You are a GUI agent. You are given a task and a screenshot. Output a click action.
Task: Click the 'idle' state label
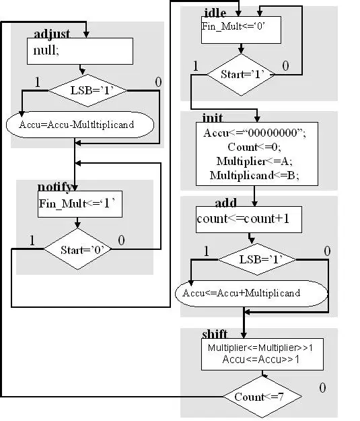215,12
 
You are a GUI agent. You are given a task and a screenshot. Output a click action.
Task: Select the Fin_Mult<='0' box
241,30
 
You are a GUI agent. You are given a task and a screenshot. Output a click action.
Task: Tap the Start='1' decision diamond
241,75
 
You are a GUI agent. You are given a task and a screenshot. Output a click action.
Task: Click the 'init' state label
212,118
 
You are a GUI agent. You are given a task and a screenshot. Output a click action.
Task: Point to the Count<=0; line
254,147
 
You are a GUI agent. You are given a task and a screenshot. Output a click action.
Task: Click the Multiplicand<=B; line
254,175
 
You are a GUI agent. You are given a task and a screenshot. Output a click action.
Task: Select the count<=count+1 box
249,220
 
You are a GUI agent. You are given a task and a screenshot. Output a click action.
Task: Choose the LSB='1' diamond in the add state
257,259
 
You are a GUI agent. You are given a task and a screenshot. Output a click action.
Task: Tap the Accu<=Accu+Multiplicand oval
252,293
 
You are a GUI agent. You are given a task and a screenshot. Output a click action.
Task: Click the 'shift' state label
215,333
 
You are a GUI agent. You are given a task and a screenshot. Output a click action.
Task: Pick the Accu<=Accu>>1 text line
260,359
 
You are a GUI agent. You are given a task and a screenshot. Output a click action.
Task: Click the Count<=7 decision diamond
262,397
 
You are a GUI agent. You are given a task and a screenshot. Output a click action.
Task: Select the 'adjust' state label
52,34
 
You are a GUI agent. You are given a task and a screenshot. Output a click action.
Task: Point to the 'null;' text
46,51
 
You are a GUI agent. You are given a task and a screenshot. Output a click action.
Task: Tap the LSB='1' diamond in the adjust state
87,90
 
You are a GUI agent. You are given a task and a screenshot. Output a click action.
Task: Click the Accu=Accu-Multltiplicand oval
80,125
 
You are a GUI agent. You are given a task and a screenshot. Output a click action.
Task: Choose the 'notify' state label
55,187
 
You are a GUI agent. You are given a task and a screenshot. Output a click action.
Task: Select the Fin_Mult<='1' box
80,204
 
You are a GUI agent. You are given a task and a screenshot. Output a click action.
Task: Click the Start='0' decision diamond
77,249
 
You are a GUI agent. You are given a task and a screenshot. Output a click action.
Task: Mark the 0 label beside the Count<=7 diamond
323,388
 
